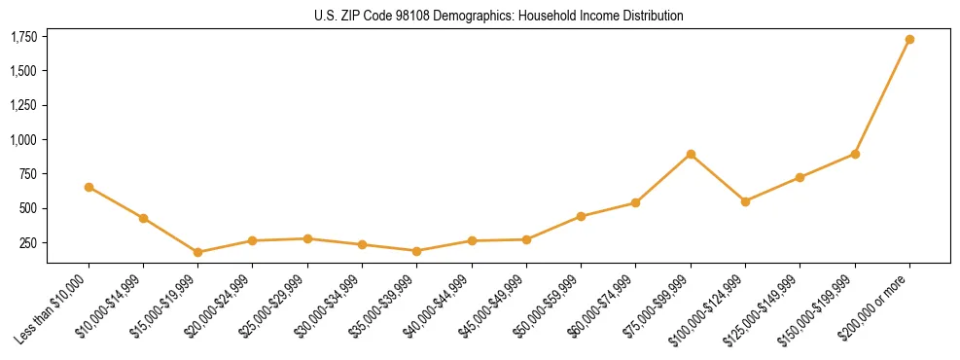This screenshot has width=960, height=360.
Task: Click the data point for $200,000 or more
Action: coord(909,39)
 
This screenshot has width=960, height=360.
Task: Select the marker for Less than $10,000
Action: coord(89,187)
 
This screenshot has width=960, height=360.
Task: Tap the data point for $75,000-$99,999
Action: coord(691,154)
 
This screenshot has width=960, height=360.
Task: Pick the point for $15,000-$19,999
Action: coord(197,252)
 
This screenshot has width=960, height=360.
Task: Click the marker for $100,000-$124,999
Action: coord(745,201)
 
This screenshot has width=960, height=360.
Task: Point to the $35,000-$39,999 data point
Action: coord(416,251)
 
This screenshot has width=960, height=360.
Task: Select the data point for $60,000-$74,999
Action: coord(635,202)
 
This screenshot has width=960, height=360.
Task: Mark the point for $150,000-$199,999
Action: coord(855,154)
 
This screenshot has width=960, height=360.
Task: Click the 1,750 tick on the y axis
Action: coord(23,37)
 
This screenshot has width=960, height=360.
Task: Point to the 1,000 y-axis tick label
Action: coord(23,140)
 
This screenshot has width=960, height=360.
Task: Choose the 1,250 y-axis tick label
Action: coord(23,106)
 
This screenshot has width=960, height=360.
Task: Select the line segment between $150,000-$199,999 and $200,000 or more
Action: coord(882,96)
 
